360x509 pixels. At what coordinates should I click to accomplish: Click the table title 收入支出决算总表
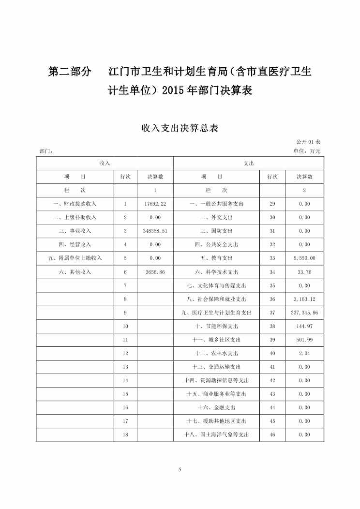180,128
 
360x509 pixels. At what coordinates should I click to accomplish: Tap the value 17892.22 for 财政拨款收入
155,204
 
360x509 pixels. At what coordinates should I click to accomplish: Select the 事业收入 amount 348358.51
155,231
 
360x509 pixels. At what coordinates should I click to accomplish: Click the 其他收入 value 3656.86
155,272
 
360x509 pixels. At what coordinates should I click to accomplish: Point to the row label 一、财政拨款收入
75,204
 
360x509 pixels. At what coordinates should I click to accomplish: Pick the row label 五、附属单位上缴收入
75,258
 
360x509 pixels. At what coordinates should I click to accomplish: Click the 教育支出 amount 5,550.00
304,258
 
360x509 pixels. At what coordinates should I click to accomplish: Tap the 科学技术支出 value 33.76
304,272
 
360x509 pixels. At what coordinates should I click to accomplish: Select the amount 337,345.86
304,313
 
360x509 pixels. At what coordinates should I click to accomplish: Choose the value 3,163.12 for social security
304,299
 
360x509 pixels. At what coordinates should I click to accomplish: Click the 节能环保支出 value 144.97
304,326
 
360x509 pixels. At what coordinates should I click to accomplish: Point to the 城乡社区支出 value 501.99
304,340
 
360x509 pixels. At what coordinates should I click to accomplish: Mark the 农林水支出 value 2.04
304,353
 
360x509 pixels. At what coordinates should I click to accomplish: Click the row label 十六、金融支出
216,407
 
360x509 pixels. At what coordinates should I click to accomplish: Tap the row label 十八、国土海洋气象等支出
216,434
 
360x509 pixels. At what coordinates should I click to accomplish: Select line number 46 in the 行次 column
272,434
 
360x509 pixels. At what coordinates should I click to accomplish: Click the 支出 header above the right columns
249,164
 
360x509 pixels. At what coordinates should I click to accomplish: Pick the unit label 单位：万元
307,151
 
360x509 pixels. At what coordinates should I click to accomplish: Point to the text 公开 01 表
308,142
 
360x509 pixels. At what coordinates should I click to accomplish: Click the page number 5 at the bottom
180,470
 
